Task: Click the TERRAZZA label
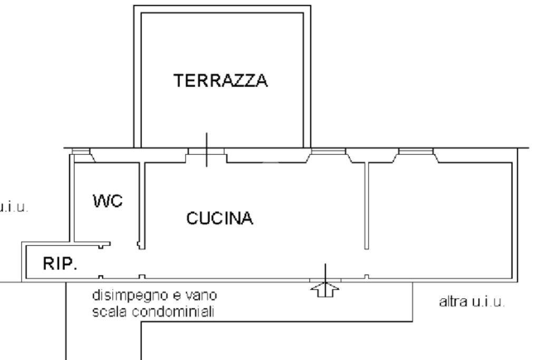(221, 81)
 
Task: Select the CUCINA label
(219, 218)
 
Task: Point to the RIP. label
(59, 264)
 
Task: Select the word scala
(104, 312)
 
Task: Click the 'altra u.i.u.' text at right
(471, 304)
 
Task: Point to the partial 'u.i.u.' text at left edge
(13, 206)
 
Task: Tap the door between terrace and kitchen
(207, 153)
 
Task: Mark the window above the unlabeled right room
(416, 152)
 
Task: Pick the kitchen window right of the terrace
(327, 152)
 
